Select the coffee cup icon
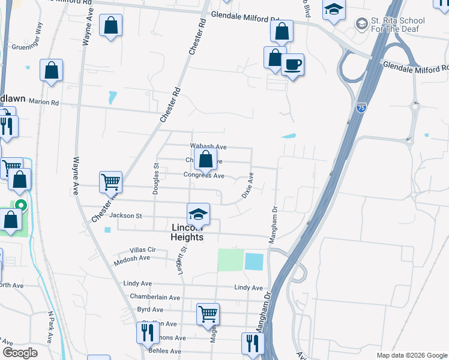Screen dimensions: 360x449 [292, 65]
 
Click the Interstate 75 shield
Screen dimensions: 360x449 [361, 107]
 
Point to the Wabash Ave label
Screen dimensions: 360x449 [208, 146]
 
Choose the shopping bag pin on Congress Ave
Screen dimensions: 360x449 [205, 160]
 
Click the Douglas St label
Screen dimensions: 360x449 [155, 179]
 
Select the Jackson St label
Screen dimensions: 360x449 [125, 215]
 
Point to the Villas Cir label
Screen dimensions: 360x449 [142, 250]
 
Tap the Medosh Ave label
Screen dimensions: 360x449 [135, 258]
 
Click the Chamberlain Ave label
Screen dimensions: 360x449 [155, 297]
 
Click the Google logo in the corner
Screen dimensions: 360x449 [20, 353]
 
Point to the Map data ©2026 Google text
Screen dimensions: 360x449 [411, 355]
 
